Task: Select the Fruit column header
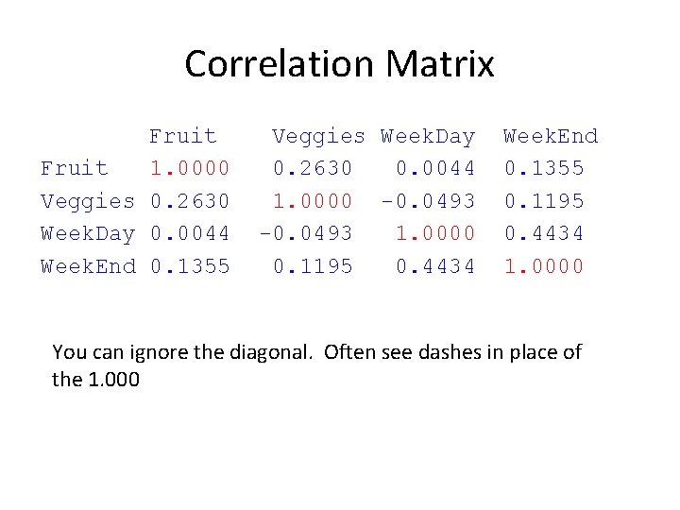coord(182,136)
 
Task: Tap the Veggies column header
coord(318,136)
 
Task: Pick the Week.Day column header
coord(428,136)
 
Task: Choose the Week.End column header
coord(551,136)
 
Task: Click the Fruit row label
coord(75,168)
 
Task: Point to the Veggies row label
coord(88,201)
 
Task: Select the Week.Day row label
coord(88,233)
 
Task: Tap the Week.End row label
coord(88,266)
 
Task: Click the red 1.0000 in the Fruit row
coord(190,168)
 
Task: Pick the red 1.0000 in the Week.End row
coord(544,266)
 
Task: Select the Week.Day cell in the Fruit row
coord(435,168)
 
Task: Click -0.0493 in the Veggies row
coord(428,201)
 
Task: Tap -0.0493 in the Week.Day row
coord(306,233)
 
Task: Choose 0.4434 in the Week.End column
coord(544,233)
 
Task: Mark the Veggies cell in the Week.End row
coord(313,266)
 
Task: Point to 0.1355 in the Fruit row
coord(544,168)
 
